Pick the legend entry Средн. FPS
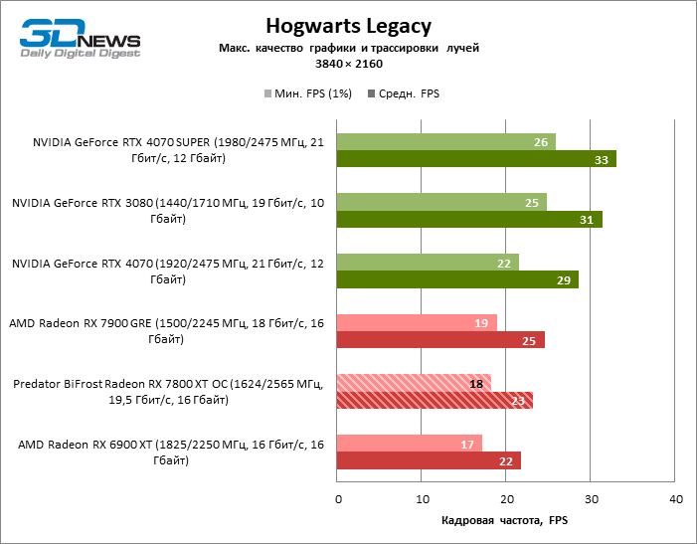pyautogui.click(x=404, y=93)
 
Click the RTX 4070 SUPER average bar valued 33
pyautogui.click(x=476, y=159)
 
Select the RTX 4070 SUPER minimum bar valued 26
pyautogui.click(x=446, y=142)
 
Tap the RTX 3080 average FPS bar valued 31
pyautogui.click(x=469, y=220)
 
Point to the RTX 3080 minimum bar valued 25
pyautogui.click(x=441, y=203)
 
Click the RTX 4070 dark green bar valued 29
pyautogui.click(x=457, y=280)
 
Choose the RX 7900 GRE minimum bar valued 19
pyautogui.click(x=417, y=322)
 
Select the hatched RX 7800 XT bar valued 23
pyautogui.click(x=435, y=401)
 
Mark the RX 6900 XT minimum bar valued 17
pyautogui.click(x=410, y=444)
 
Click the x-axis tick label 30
pyautogui.click(x=591, y=497)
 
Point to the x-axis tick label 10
pyautogui.click(x=423, y=497)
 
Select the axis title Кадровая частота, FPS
pyautogui.click(x=506, y=520)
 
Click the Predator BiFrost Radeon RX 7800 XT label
pyautogui.click(x=168, y=392)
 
